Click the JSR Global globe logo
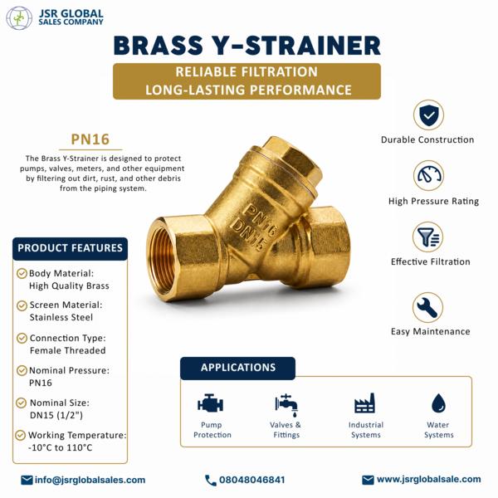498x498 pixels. coord(19,17)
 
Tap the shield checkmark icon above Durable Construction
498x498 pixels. coord(429,115)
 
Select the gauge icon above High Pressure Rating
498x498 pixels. coord(429,176)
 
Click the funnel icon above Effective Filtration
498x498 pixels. coord(427,237)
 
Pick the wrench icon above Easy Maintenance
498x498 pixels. coord(427,307)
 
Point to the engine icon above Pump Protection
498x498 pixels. coord(210,403)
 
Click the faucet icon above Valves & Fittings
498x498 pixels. coord(286,405)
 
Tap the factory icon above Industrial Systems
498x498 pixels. coord(365,403)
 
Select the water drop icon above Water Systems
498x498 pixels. coord(438,403)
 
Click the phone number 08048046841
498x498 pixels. coord(251,480)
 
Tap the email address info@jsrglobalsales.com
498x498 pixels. coord(90,480)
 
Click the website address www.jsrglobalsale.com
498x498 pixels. coord(429,479)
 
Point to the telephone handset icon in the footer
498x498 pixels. coord(210,481)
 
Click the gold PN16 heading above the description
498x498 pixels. coord(90,139)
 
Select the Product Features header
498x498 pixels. coord(71,248)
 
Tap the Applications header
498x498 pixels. coord(238,368)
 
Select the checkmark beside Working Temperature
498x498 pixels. coord(21,435)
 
